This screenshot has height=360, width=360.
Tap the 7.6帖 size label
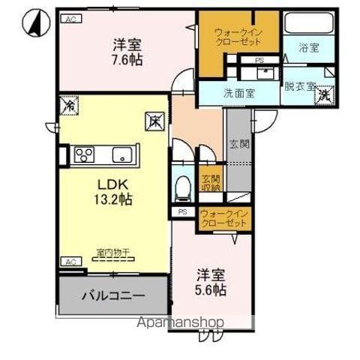(128, 60)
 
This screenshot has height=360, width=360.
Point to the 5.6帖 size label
(211, 289)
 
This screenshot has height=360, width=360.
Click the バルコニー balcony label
(113, 295)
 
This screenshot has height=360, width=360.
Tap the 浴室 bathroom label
(308, 48)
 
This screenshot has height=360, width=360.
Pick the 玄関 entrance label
(235, 144)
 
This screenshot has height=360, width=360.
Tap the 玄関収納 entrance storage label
(210, 184)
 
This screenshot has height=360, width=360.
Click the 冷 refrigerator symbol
(68, 105)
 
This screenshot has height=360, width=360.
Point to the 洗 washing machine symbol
(323, 95)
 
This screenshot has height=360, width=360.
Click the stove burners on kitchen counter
(83, 155)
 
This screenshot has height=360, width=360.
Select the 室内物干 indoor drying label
(113, 252)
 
